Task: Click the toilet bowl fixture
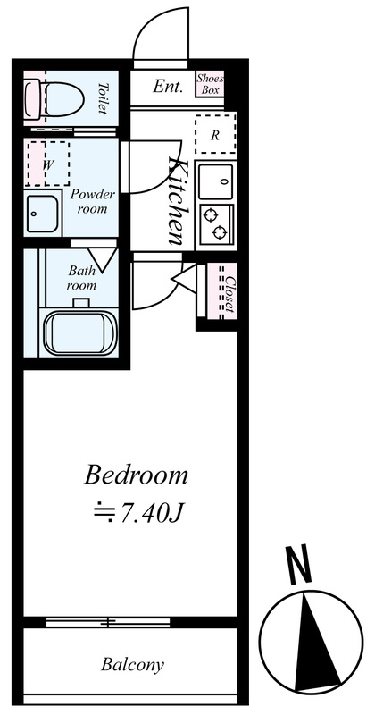pos(54,99)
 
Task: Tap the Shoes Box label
pos(210,84)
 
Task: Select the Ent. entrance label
pos(168,86)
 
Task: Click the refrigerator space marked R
pos(215,134)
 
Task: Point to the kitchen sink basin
pos(216,181)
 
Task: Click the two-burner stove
pos(217,223)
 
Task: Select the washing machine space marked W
pos(47,164)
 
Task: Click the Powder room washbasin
pos(42,214)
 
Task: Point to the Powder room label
pos(93,202)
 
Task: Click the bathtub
pos(80,332)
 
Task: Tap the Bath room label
pos(82,278)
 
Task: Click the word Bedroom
pos(136,475)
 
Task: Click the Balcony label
pos(133,664)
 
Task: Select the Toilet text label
pos(103,98)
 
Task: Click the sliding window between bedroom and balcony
pos(108,621)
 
